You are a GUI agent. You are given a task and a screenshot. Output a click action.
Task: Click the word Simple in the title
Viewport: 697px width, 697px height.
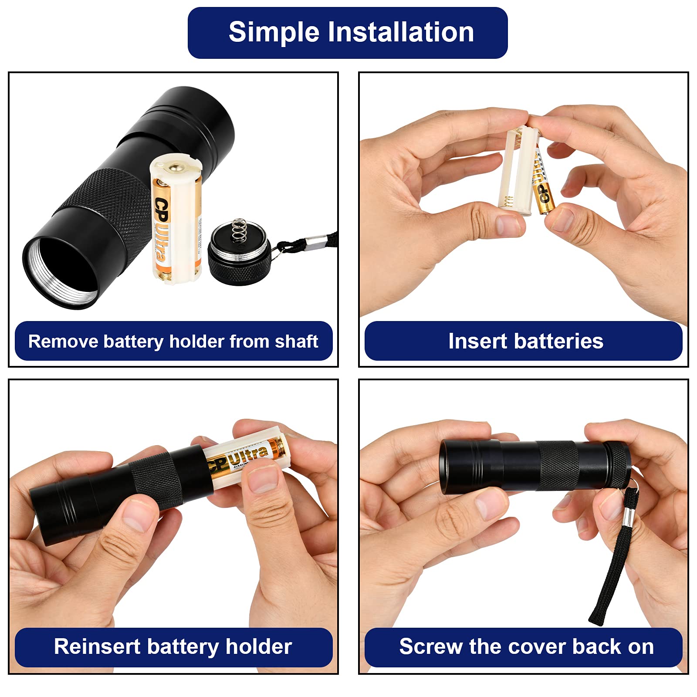click(274, 33)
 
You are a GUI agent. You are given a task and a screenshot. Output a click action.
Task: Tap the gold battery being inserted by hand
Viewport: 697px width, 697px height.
click(542, 183)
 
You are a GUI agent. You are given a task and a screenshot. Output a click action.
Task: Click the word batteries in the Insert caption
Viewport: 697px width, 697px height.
click(558, 341)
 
